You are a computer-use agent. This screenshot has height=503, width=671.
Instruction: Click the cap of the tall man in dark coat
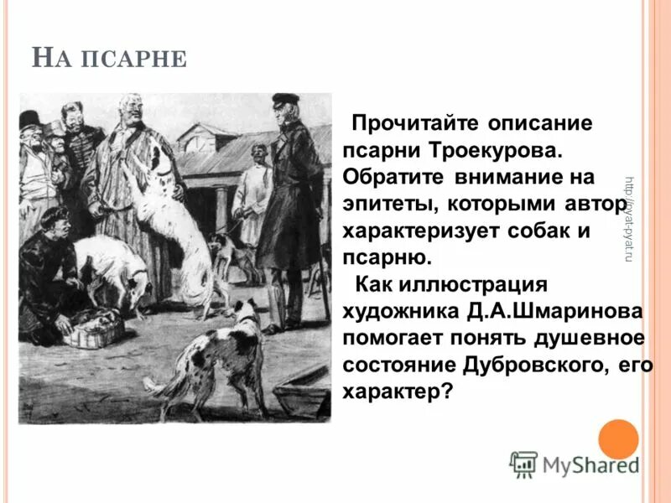[285, 100]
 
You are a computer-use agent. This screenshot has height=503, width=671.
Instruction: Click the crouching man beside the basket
[46, 277]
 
